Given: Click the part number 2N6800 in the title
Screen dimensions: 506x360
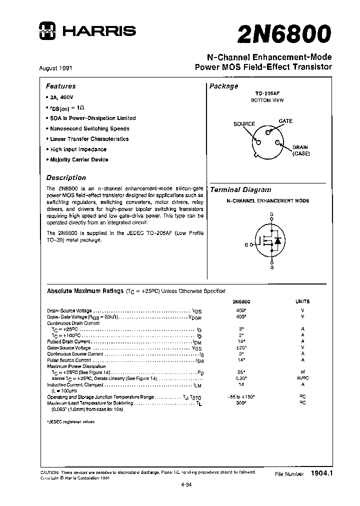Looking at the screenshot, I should coord(284,34).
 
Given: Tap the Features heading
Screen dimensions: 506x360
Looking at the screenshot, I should coord(60,86).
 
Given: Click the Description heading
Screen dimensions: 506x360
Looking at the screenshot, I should coord(66,177).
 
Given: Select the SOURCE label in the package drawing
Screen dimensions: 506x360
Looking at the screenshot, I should coord(244,123).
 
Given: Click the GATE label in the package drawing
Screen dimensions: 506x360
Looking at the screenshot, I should coord(285,121).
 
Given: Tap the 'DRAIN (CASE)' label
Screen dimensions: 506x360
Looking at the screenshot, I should coord(301,150).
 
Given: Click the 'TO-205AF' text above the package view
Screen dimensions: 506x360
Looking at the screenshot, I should coord(267,93).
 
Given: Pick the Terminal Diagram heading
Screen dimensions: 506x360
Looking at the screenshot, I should coord(240,190).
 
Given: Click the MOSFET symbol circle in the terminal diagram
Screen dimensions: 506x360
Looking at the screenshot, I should coord(271,239).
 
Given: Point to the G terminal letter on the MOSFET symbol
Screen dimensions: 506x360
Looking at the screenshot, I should coord(246,244).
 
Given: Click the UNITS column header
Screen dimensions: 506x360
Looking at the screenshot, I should coord(302,301).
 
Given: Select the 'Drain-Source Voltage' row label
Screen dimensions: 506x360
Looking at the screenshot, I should coord(69,310).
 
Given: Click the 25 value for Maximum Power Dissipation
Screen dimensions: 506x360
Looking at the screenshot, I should coord(241,372).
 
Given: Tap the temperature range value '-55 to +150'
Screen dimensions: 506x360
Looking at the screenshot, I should coord(240,396).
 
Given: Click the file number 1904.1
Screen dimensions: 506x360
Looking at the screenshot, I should coord(321,472).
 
